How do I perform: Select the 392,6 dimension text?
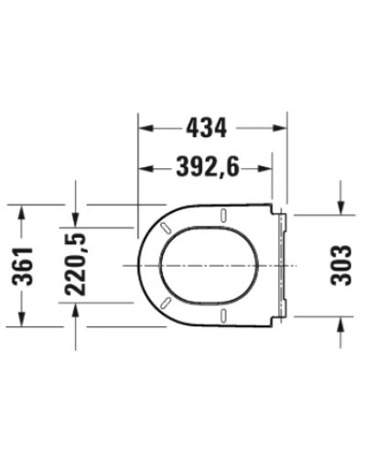coord(206,166)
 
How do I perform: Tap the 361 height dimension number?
coord(26,266)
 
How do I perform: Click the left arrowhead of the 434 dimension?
coord(144,127)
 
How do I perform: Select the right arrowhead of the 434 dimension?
coord(282,127)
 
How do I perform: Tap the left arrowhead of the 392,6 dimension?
coord(144,166)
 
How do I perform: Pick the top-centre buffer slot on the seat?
coord(223,216)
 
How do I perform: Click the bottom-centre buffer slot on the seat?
coord(223,314)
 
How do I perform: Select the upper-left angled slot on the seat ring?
coord(166,226)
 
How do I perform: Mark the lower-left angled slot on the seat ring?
coord(166,303)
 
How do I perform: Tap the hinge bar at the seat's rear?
coord(282,264)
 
